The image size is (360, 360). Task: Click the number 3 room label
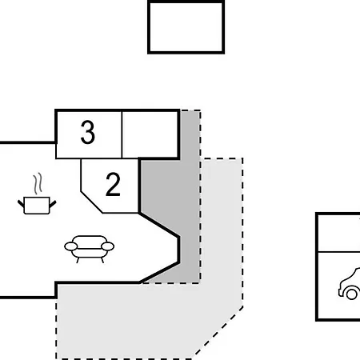88,134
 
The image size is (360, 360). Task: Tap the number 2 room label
113,185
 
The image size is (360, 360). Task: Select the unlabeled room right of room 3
150,134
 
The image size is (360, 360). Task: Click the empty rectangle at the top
186,27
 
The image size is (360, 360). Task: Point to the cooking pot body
34,206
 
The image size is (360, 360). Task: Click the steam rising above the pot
36,185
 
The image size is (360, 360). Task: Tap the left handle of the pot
21,202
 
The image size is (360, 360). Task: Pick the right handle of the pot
50,202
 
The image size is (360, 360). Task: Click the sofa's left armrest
70,247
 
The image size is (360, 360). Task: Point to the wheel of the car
350,294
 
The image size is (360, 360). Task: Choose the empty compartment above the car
338,232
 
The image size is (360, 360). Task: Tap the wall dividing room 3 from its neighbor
122,134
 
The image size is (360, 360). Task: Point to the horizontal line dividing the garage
338,251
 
